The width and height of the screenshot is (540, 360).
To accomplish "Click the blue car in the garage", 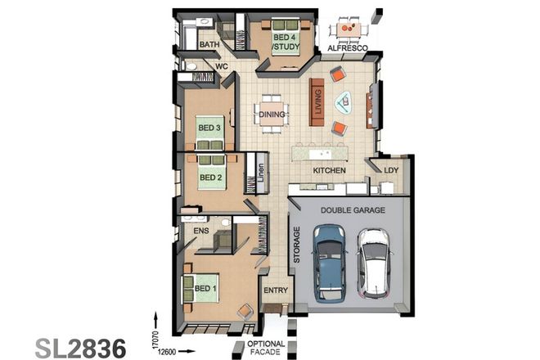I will tap(329, 262).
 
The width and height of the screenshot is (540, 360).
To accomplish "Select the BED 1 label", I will tap(205, 288).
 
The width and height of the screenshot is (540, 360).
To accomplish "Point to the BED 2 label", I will tap(210, 178).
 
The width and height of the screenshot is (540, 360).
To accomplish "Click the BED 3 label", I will tap(209, 128).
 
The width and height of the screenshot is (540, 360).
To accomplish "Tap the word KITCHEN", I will tap(330, 170).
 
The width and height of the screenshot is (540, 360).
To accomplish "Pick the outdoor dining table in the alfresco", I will tap(349, 30).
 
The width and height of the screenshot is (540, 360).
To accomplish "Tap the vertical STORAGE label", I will tap(297, 245).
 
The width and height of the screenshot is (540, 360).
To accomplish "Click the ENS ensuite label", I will tap(201, 232).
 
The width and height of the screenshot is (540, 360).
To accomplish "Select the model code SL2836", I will tap(80, 344).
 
